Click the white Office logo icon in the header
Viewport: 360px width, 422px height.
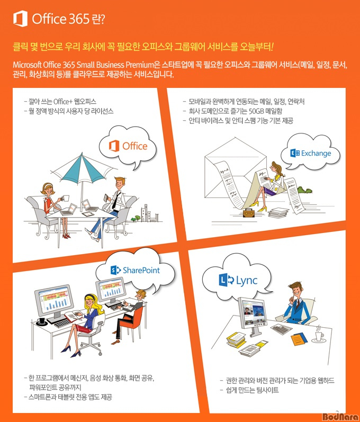pos(21,19)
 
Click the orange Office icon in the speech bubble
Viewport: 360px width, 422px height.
pos(114,146)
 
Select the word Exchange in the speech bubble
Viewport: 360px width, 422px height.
pos(316,154)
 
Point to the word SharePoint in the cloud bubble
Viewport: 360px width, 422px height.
pos(141,270)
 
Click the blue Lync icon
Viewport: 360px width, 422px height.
pos(227,280)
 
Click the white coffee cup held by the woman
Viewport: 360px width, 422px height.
pos(65,199)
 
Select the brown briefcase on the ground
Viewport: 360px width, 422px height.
pos(249,213)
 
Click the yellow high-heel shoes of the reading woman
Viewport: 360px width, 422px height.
pos(258,206)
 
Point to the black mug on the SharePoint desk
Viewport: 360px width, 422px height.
pos(42,321)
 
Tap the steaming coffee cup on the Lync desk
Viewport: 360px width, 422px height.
pos(319,336)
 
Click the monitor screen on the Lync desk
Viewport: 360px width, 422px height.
pos(254,312)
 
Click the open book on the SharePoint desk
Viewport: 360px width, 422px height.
pos(73,315)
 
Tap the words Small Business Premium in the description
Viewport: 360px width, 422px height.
pos(115,65)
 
